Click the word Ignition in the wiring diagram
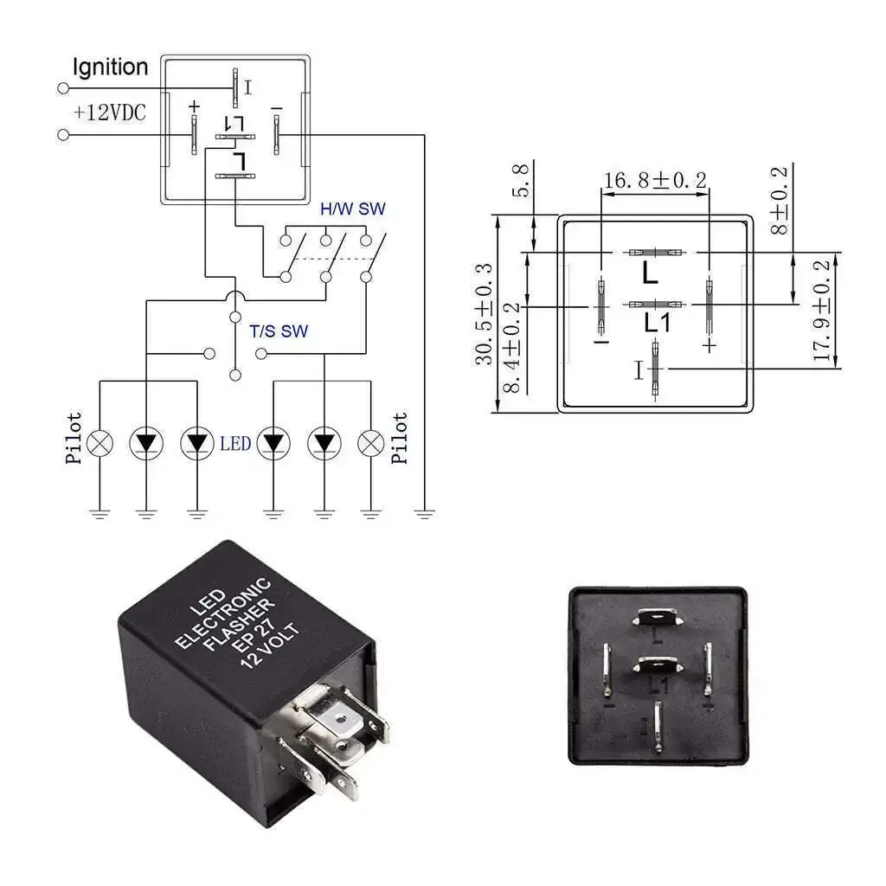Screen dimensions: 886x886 (110, 67)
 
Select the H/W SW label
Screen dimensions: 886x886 (353, 209)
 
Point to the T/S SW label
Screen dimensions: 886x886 (279, 331)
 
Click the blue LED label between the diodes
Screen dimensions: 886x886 (235, 443)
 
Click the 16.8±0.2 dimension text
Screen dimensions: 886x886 (655, 180)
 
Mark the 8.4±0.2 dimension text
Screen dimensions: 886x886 (512, 346)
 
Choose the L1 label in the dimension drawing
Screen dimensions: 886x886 (658, 323)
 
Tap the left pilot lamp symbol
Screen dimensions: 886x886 (101, 443)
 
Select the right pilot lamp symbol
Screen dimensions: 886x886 (371, 443)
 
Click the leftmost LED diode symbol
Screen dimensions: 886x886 (145, 443)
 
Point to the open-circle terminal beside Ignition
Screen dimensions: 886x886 (62, 88)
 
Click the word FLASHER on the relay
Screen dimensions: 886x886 (240, 626)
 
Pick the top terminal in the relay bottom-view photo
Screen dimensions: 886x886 (657, 616)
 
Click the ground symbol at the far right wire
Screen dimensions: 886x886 (423, 514)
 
